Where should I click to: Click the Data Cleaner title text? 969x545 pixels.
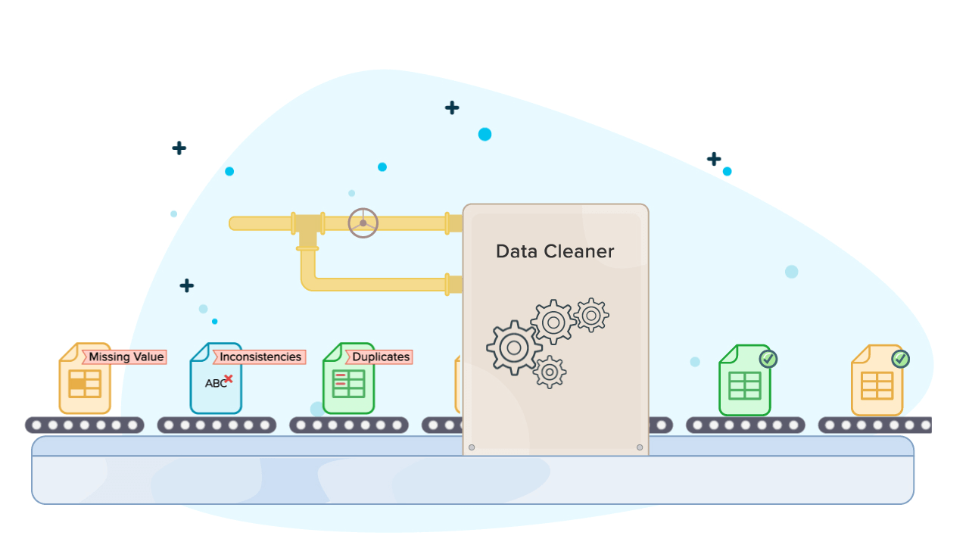point(555,251)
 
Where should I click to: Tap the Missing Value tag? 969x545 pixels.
point(126,357)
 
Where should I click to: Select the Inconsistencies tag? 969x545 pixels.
point(260,357)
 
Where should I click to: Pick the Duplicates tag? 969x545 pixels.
point(380,357)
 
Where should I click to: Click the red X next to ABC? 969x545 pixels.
point(228,378)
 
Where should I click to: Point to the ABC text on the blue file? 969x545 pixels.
point(215,384)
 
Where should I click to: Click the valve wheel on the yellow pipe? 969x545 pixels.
point(363,223)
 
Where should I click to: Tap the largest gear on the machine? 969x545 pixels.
point(514,347)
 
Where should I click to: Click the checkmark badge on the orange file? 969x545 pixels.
point(900,359)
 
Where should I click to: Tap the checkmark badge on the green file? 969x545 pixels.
point(768,359)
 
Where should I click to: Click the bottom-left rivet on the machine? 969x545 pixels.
point(472,447)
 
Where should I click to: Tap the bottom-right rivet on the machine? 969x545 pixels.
point(640,447)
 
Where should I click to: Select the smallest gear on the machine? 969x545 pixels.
point(550,372)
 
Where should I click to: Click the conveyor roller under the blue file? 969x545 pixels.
point(217,425)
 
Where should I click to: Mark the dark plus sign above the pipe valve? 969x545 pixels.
point(452,107)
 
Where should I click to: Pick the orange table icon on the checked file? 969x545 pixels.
point(877,385)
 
